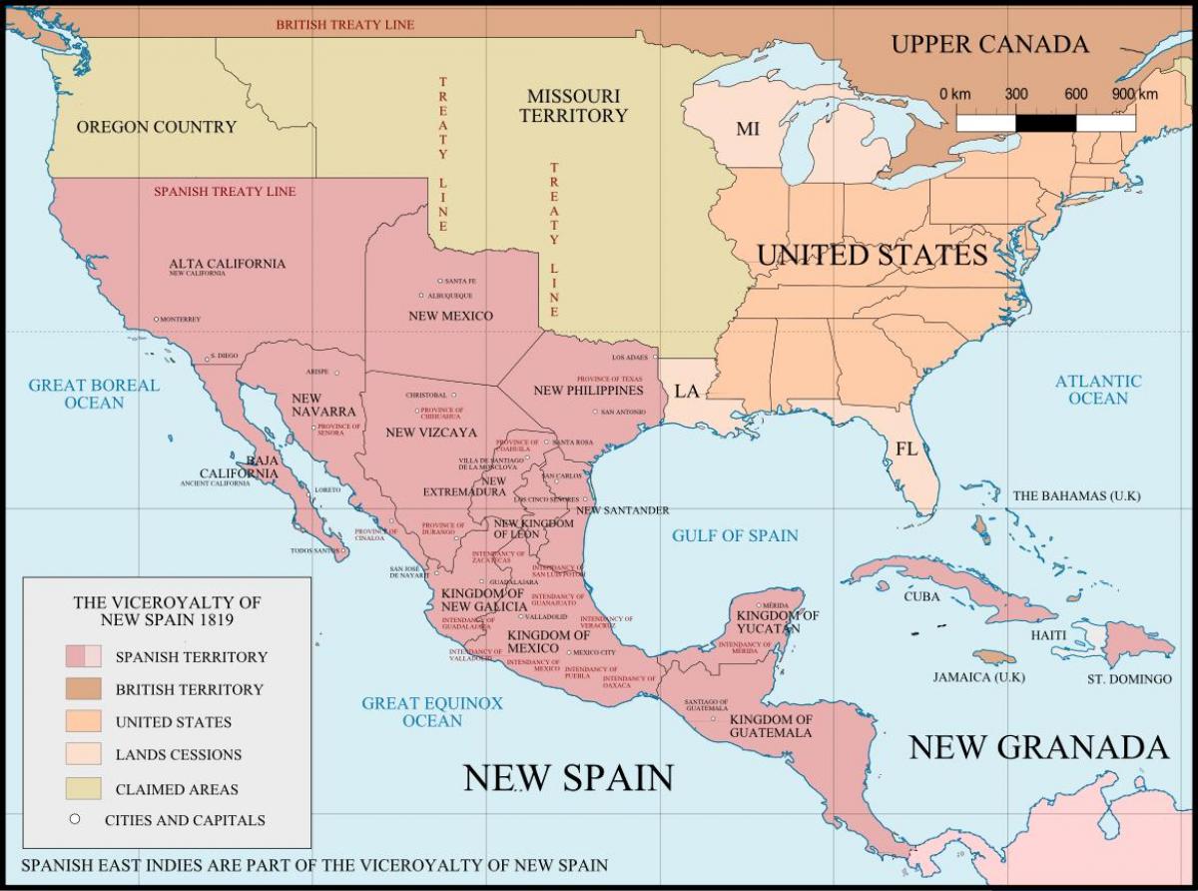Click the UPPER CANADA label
[x=988, y=44]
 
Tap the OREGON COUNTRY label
[x=157, y=127]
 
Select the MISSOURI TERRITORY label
[x=574, y=105]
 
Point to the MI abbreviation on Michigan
[x=747, y=129]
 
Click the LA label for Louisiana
[x=687, y=391]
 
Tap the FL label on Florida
[x=905, y=449]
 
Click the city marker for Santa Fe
[x=440, y=282]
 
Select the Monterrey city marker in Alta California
[x=157, y=320]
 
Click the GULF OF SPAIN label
[x=735, y=535]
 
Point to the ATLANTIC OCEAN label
[x=1098, y=390]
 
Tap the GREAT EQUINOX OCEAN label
[x=432, y=711]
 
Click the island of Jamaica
[x=994, y=656]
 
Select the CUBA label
[x=921, y=597]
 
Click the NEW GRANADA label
[x=1037, y=746]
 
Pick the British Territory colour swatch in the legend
[x=84, y=689]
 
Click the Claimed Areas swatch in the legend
[x=84, y=788]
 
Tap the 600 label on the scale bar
[x=1075, y=94]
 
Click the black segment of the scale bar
[x=1046, y=123]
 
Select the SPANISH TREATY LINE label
[x=225, y=191]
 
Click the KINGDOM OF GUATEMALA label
[x=771, y=726]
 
